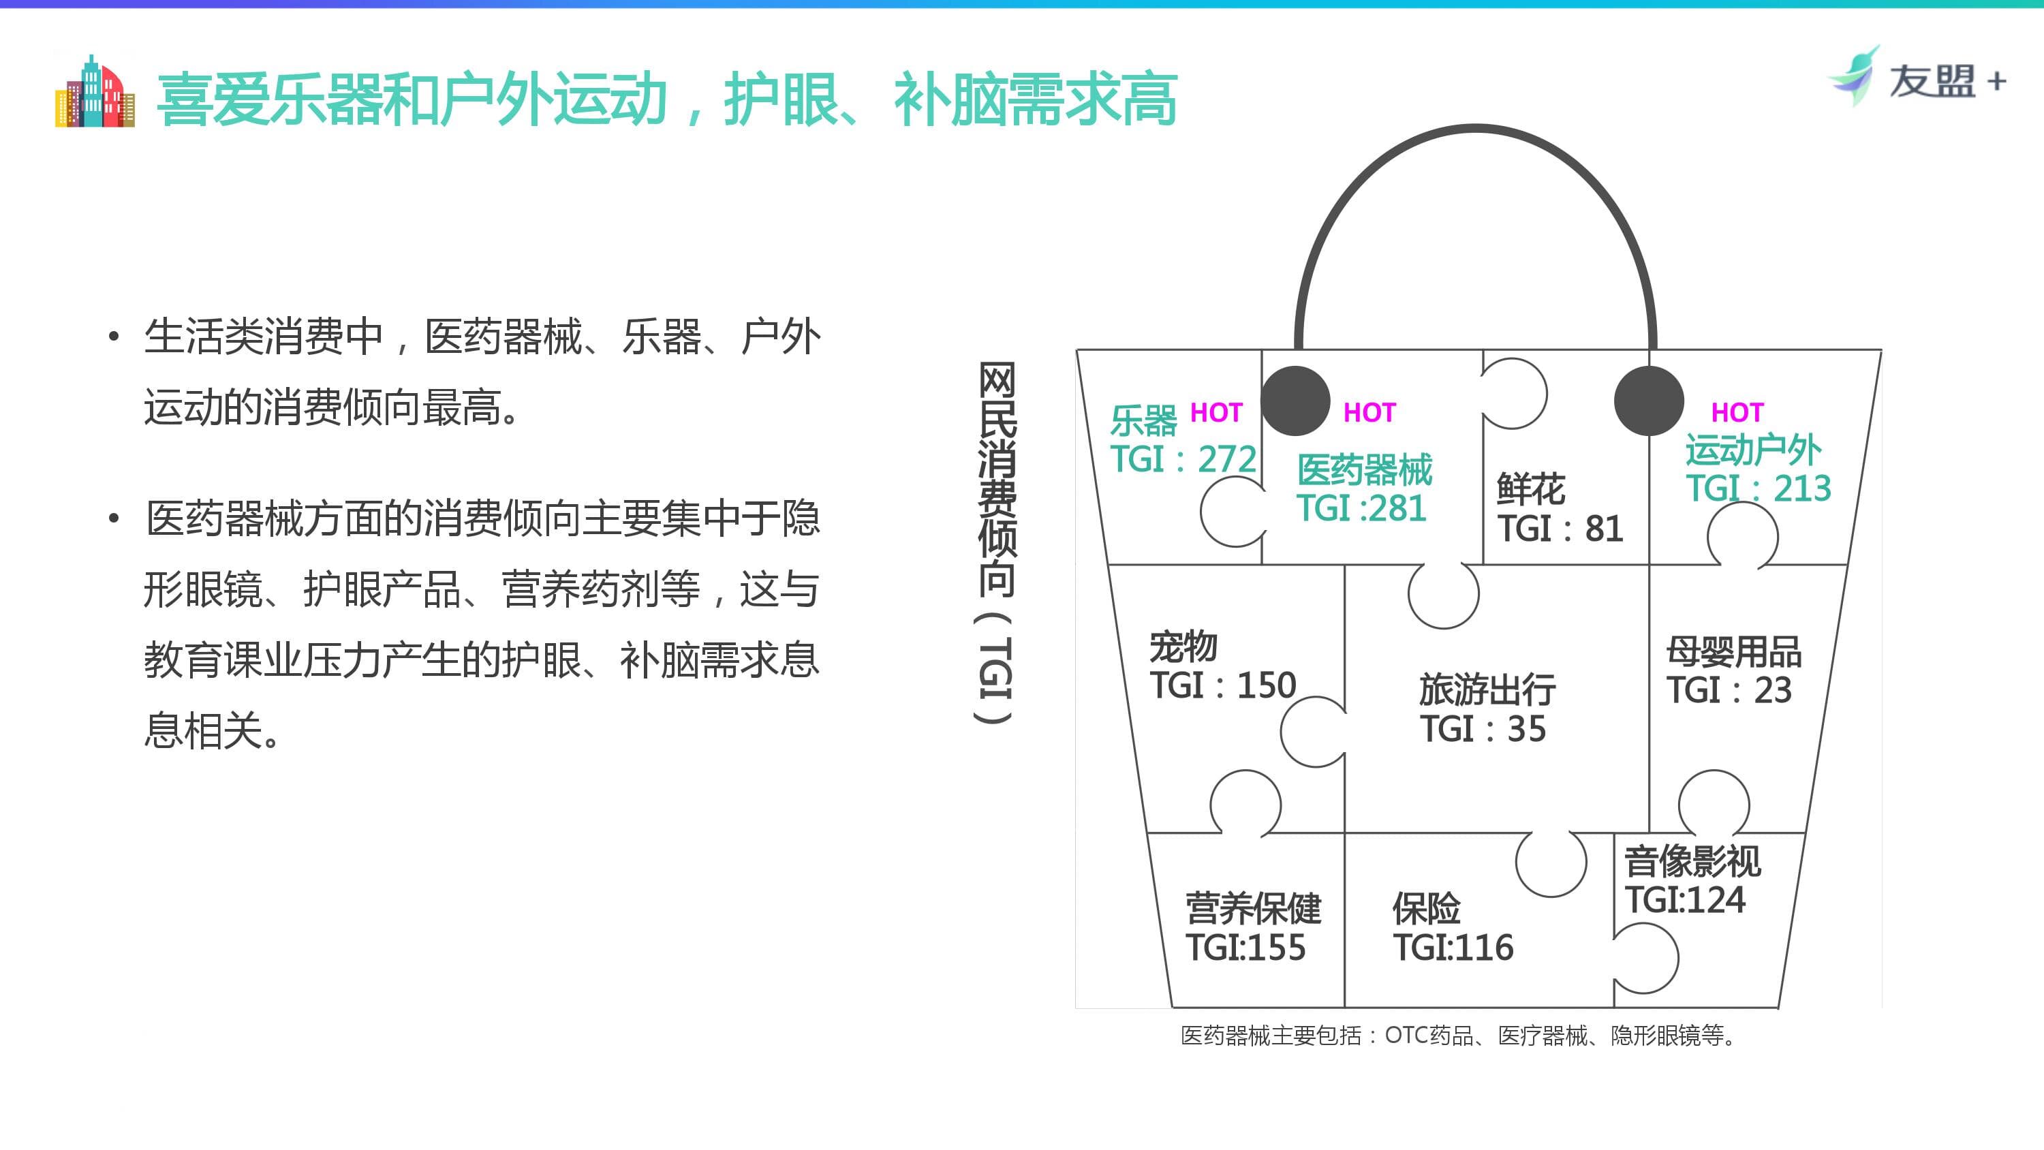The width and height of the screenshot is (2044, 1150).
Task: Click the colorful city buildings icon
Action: click(x=95, y=91)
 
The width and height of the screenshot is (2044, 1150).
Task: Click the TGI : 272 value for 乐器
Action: click(x=1183, y=460)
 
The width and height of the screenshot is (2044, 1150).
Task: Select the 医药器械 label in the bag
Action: click(x=1365, y=470)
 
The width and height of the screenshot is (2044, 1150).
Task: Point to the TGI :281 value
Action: click(x=1361, y=509)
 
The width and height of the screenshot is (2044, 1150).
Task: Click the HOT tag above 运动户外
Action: click(x=1737, y=413)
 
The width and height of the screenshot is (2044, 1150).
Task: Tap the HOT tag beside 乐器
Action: click(x=1215, y=413)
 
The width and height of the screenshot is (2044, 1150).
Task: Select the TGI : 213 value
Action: click(x=1759, y=488)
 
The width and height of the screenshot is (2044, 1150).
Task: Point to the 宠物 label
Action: click(x=1183, y=646)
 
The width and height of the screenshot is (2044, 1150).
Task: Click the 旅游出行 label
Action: click(x=1487, y=689)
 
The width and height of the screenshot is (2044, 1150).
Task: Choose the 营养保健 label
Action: click(x=1253, y=909)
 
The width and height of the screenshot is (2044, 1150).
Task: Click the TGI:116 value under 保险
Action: click(x=1453, y=948)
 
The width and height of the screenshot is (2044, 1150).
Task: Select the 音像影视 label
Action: click(x=1692, y=861)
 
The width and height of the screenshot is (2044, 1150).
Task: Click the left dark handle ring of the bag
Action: click(x=1295, y=401)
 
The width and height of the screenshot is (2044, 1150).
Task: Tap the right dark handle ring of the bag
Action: click(x=1649, y=401)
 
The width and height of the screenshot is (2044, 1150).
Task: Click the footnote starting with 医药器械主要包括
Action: click(x=1457, y=1036)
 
